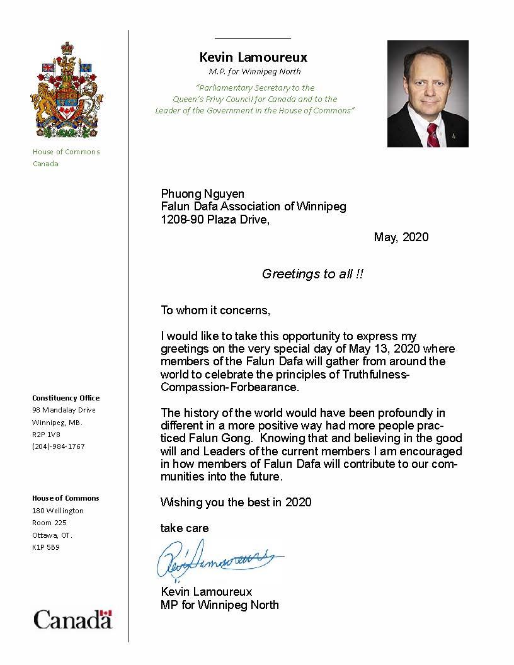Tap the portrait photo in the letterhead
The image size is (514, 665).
(428, 94)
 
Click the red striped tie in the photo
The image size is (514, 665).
(432, 135)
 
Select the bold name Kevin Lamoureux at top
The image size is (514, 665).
(253, 57)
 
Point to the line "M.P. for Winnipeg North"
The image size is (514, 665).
(254, 71)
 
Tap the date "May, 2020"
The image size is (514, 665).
(401, 237)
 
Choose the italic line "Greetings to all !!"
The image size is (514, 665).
(312, 274)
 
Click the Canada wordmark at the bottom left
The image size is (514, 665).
(72, 620)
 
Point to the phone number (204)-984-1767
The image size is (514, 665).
(59, 446)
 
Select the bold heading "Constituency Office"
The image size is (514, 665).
(66, 398)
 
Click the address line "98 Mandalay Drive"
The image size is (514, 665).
(64, 410)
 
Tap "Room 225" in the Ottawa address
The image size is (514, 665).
(49, 523)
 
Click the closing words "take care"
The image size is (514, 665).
(185, 528)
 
